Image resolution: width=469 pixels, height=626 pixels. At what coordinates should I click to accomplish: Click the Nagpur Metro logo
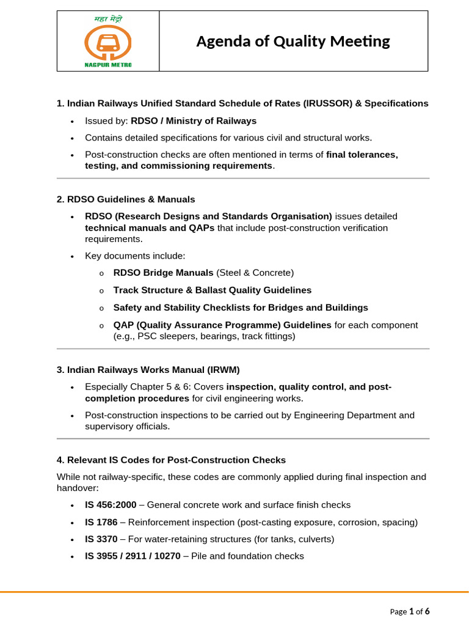(108, 41)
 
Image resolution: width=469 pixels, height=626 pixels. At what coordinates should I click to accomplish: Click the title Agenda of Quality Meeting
(293, 41)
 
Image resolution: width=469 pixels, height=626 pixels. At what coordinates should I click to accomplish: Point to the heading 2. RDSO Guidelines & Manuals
(126, 199)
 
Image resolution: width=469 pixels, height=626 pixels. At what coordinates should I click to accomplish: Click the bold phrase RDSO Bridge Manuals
(163, 272)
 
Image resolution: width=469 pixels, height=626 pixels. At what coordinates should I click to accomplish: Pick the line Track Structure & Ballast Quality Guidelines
(212, 290)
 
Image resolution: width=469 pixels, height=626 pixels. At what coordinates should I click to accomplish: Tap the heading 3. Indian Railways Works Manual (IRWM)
(148, 369)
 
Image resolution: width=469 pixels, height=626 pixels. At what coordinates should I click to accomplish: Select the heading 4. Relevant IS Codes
(171, 459)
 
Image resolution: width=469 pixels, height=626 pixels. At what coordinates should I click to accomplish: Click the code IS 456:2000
(111, 505)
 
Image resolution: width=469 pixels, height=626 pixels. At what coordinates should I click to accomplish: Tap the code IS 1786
(101, 522)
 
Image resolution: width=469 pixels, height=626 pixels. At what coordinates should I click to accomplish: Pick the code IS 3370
(101, 539)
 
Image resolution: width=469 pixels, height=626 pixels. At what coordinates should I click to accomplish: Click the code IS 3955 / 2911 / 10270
(133, 556)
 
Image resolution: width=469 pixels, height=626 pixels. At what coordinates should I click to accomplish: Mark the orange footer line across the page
(234, 592)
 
